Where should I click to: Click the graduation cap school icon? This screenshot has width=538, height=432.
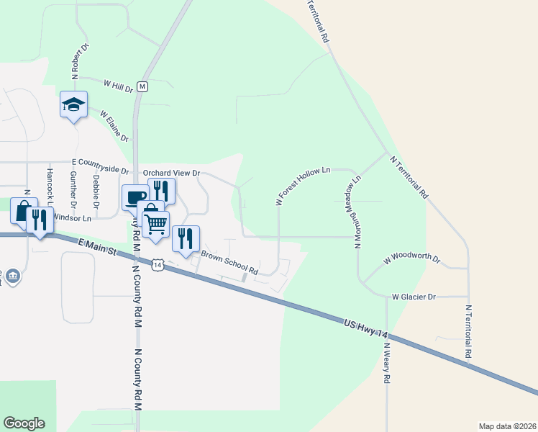coord(73,105)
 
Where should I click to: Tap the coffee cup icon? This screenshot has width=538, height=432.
coord(135,197)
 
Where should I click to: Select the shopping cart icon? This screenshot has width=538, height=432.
coord(156,223)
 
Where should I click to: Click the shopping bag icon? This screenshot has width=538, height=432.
coord(24,211)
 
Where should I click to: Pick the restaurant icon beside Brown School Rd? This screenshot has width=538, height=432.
coord(186,238)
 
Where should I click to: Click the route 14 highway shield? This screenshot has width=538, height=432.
coord(158,265)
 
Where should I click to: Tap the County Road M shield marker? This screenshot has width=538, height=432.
coord(142,86)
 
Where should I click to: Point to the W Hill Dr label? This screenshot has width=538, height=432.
coord(119,86)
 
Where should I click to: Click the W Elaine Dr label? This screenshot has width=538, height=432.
coord(114,126)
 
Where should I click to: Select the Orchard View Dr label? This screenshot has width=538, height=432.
coord(170,174)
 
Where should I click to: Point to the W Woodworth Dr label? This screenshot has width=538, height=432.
coord(411,258)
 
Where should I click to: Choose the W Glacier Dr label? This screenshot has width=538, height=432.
coord(414,297)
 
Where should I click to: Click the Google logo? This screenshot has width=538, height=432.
coord(24,423)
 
